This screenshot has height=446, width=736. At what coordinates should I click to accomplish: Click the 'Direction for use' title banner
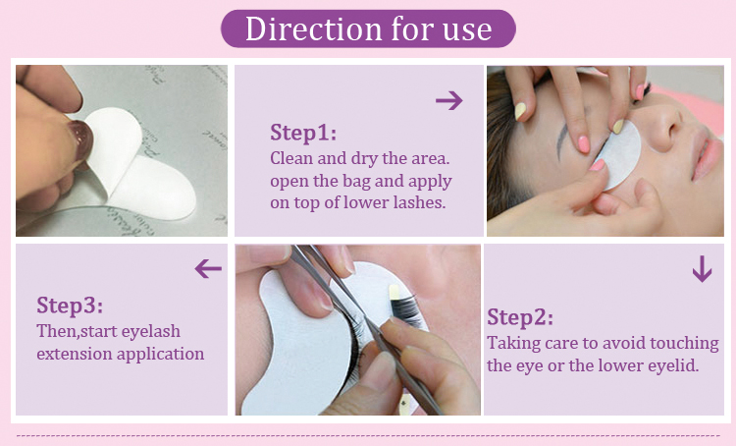pyautogui.click(x=368, y=28)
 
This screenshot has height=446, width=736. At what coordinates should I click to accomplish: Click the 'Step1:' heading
pyautogui.click(x=302, y=133)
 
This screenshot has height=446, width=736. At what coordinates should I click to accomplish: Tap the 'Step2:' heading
pyautogui.click(x=520, y=317)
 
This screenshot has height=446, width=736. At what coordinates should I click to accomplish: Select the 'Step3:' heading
pyautogui.click(x=69, y=305)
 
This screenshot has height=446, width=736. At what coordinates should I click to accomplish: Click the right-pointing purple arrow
pyautogui.click(x=448, y=99)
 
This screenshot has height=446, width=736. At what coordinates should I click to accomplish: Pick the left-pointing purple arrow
pyautogui.click(x=208, y=268)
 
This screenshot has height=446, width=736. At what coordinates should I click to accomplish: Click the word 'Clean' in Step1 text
pyautogui.click(x=291, y=157)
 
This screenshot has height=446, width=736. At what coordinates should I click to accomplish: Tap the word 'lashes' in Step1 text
pyautogui.click(x=420, y=203)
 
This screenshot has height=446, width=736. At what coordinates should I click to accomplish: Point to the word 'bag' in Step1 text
pyautogui.click(x=386, y=180)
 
